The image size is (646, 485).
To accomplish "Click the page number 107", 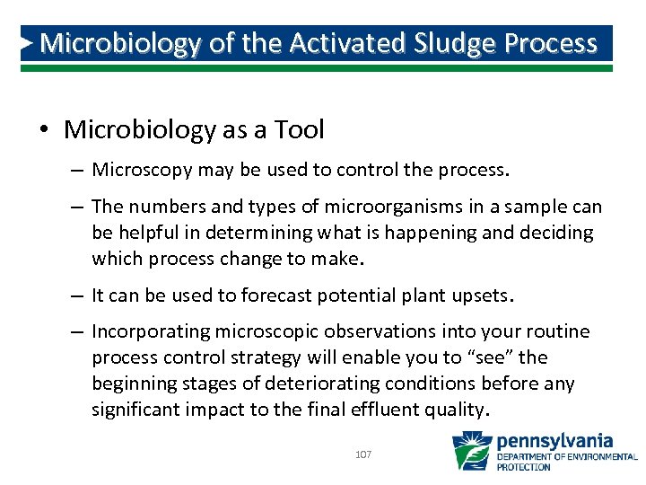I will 363,455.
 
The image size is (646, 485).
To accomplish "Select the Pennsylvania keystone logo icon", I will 471,451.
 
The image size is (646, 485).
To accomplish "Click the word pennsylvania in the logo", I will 554,441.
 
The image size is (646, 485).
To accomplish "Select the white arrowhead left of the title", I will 28,42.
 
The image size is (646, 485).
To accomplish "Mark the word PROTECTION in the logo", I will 524,467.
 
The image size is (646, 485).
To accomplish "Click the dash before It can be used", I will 76,295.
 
